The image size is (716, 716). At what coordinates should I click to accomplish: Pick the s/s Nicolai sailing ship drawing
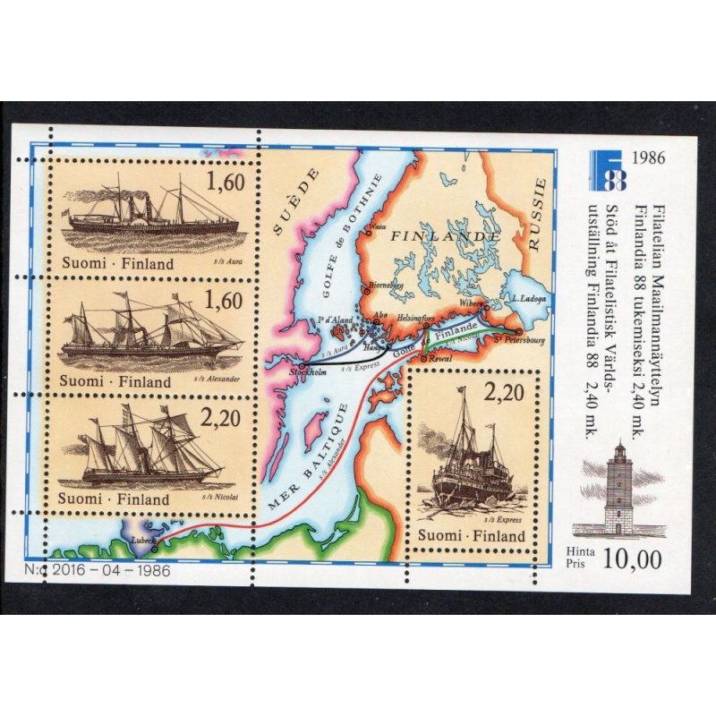(x=149, y=447)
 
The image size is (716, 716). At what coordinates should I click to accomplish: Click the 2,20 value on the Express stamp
(x=503, y=391)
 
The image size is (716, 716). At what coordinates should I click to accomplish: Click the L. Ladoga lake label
(x=528, y=298)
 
